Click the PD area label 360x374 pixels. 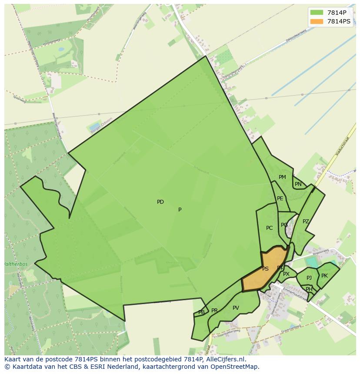coord(160,202)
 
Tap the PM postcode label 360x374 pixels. coord(282,177)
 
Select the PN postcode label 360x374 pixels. coord(298,184)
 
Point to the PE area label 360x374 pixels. coord(280,199)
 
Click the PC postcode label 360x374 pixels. coord(269,228)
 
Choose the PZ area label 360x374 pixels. coord(306,222)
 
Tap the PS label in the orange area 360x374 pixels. coord(265,269)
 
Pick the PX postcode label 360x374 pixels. coord(286,274)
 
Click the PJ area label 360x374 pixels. coord(309,278)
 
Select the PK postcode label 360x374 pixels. coord(324,276)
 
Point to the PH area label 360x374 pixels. coord(309,289)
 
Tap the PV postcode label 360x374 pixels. coord(236,308)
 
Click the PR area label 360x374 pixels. coord(214,311)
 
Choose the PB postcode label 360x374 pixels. coord(201,312)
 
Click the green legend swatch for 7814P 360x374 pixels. coord(317,12)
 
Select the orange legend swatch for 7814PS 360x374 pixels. coord(317,21)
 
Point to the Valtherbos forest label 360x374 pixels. coord(16,264)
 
